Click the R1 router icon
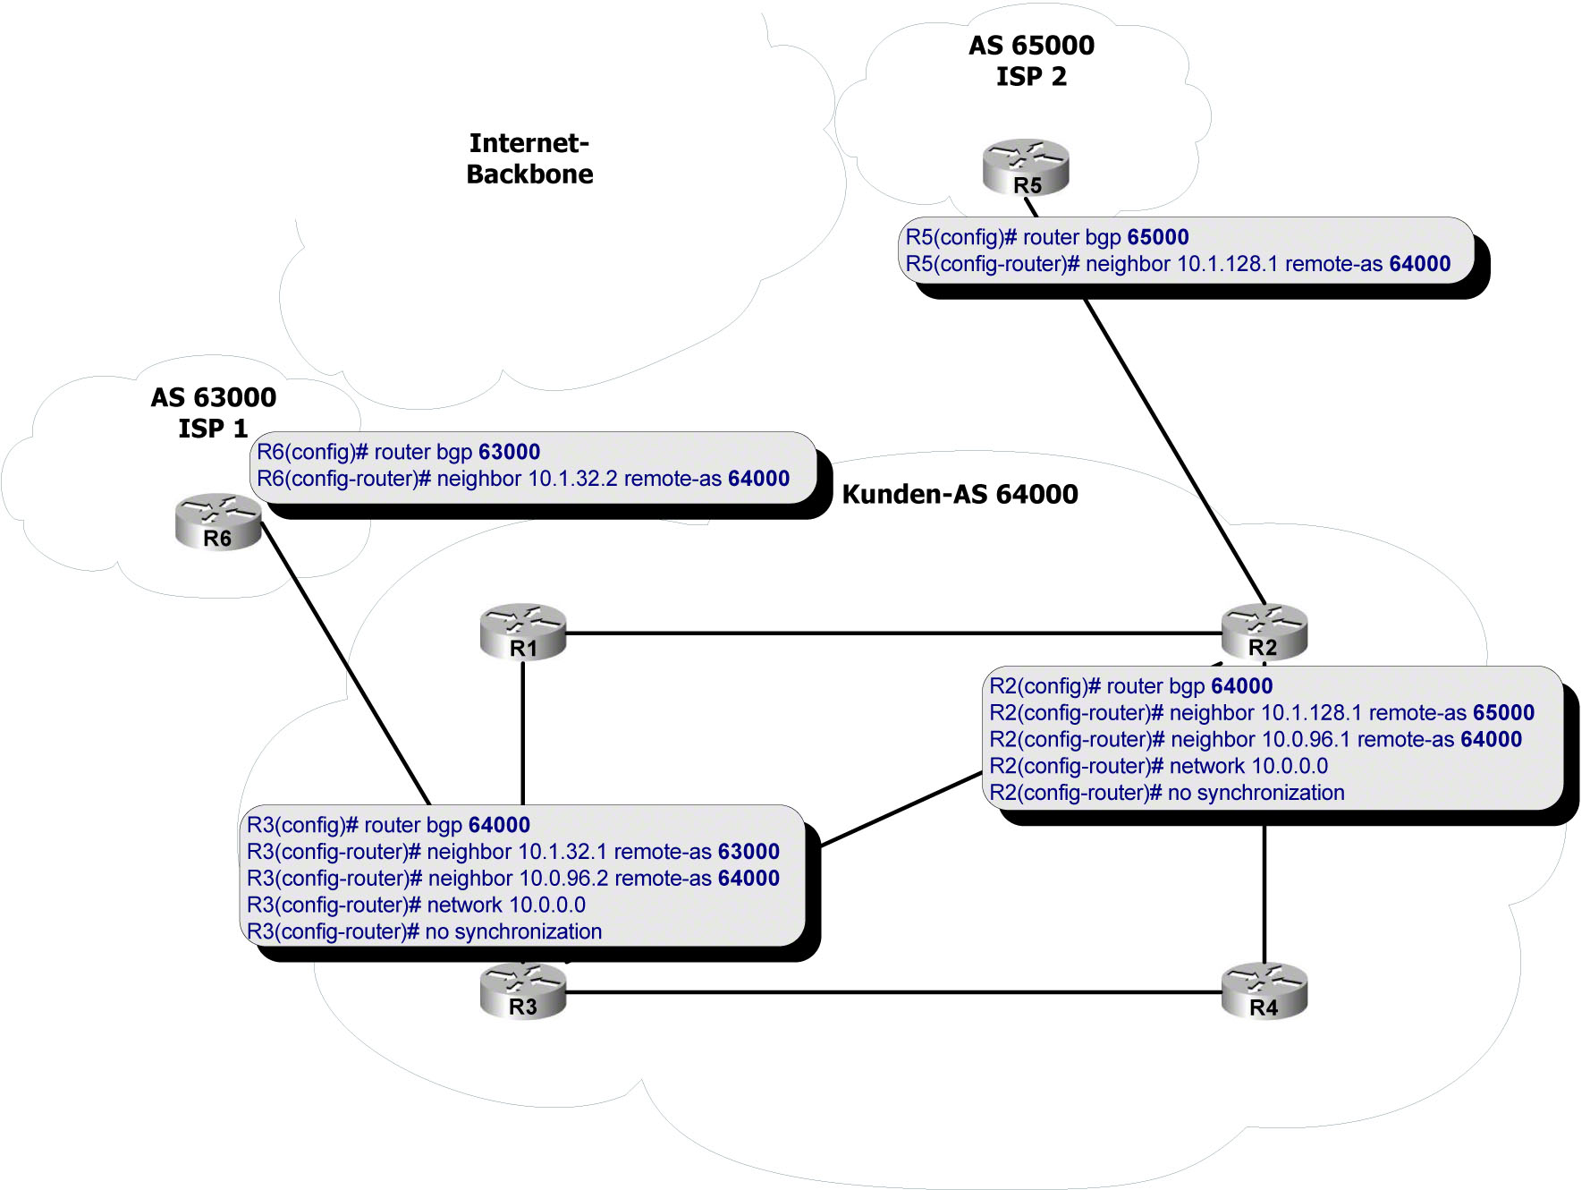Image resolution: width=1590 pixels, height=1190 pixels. click(523, 632)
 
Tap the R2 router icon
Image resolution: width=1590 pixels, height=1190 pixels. click(1264, 632)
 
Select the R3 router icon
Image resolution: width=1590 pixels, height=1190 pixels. click(523, 991)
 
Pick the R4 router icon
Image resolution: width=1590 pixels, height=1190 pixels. click(1264, 991)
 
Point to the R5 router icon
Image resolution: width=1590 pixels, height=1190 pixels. click(1026, 167)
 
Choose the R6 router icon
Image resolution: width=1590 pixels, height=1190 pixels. click(218, 522)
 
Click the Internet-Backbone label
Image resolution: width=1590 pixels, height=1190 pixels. click(529, 158)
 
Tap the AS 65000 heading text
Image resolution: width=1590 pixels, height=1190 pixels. click(1031, 46)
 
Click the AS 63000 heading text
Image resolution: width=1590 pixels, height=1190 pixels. click(214, 397)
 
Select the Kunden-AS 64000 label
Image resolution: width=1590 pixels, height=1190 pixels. click(960, 494)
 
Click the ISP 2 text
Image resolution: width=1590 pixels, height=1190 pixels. click(1031, 77)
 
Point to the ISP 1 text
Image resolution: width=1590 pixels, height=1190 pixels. click(213, 429)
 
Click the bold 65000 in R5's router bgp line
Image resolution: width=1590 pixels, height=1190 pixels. click(1158, 237)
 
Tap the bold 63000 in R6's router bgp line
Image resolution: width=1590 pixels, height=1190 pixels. click(509, 452)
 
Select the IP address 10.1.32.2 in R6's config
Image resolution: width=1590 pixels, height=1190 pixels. click(572, 479)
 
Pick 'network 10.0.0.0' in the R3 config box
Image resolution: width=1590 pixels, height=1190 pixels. click(506, 905)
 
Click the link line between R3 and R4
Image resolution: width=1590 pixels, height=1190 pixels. click(894, 992)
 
